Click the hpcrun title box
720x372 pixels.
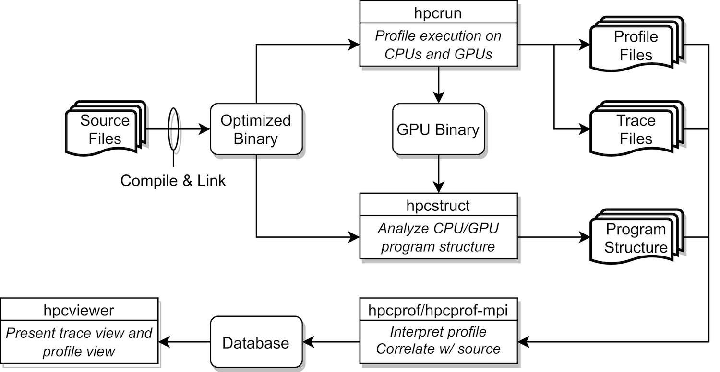(438, 12)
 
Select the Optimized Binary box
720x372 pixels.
(256, 129)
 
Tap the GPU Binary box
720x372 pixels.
(438, 129)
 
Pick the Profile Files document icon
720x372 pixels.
(636, 46)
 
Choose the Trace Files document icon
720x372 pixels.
(636, 129)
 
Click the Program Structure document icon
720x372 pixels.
(636, 238)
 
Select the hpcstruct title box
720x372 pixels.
(438, 206)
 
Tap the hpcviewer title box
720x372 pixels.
(79, 310)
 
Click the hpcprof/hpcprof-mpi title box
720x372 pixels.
(438, 310)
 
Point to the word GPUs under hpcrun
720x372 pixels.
(472, 54)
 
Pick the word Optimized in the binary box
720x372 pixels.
(256, 120)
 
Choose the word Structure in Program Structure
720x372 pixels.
(636, 247)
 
